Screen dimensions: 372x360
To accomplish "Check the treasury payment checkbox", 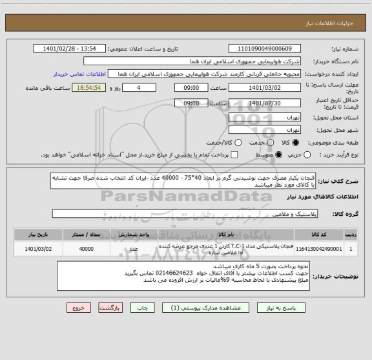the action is click(x=234, y=154).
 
